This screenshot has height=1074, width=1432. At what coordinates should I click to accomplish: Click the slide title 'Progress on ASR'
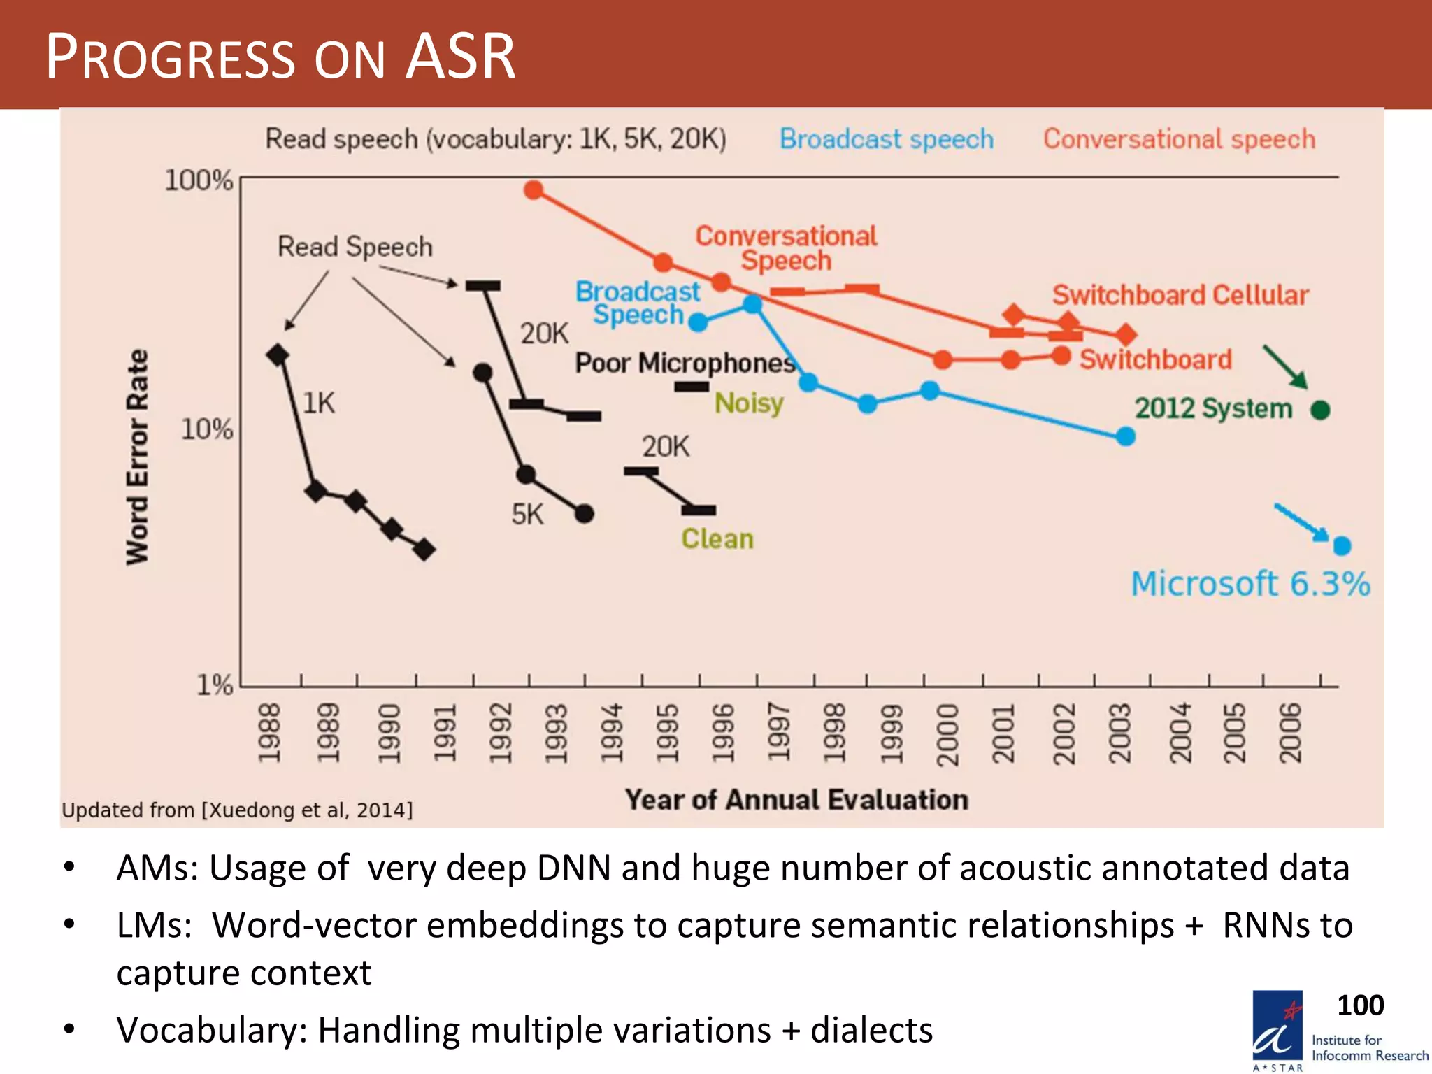280,57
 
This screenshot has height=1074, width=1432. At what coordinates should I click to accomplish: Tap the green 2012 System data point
1320,410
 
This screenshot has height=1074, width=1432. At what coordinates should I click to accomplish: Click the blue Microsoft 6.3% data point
1342,545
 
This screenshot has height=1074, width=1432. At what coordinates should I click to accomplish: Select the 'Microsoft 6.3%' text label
1250,584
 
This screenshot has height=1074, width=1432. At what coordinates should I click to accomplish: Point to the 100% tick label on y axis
199,180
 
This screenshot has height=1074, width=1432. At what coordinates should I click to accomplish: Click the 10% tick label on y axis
206,429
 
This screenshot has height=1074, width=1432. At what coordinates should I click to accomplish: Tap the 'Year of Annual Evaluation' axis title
796,799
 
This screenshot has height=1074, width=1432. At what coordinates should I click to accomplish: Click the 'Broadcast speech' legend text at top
887,139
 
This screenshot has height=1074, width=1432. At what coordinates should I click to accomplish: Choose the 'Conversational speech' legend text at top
1179,139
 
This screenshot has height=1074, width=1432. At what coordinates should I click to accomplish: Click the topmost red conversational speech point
534,189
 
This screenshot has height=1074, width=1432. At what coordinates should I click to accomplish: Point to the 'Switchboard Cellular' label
1180,295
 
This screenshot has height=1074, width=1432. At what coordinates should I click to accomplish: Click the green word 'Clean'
717,539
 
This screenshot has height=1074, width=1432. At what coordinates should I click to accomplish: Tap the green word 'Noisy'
749,403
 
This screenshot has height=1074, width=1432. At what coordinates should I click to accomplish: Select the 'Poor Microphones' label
685,363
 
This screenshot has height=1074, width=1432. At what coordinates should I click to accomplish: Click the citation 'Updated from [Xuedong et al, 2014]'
237,810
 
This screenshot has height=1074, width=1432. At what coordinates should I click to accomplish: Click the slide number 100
1360,1005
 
